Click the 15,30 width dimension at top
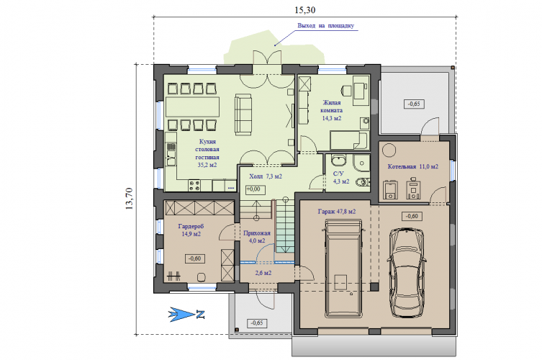305,10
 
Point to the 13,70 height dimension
129,199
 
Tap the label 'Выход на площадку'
325,26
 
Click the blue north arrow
186,315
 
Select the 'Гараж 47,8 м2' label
337,211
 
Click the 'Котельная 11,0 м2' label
412,166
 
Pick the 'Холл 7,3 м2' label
266,176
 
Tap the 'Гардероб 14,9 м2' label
191,230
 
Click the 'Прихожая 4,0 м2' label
257,237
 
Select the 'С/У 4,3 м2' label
341,177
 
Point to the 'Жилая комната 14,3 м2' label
332,110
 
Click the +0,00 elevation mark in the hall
255,189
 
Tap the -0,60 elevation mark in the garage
412,216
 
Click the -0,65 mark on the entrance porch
257,323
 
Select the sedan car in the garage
407,272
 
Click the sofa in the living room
243,114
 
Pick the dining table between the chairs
192,107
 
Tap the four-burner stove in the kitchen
194,185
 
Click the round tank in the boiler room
389,150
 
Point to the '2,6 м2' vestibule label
263,273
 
